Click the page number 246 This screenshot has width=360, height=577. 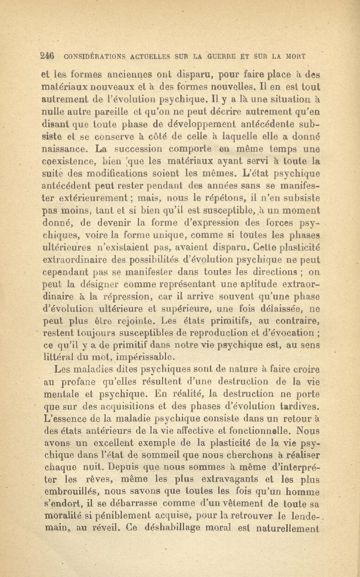(48, 57)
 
